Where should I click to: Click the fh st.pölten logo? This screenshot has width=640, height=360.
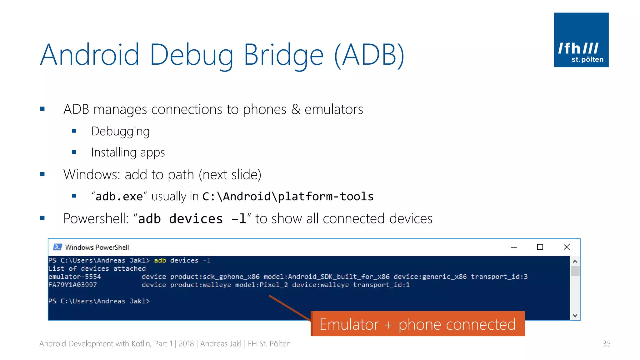tap(581, 40)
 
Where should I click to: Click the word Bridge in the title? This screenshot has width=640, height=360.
tap(283, 55)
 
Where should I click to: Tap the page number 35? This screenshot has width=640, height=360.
tap(606, 344)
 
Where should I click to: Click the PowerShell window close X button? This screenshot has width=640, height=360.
tap(567, 247)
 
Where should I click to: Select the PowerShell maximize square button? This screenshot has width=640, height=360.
tap(540, 247)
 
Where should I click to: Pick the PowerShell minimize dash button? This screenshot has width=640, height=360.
tap(514, 247)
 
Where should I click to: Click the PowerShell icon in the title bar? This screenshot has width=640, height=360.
tap(57, 247)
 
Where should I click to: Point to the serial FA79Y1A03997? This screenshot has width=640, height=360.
tap(72, 285)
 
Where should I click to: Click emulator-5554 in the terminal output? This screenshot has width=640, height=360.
tap(75, 277)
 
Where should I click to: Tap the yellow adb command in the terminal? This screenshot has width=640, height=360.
tap(160, 261)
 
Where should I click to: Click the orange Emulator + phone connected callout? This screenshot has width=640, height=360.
tap(417, 324)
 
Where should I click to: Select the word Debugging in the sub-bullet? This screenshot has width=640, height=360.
tap(120, 132)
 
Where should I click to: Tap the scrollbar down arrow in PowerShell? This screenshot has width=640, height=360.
tap(575, 316)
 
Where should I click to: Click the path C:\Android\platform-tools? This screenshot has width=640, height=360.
tap(288, 197)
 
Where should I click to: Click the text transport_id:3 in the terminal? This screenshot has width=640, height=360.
tap(499, 277)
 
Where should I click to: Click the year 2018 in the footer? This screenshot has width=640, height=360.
tap(186, 344)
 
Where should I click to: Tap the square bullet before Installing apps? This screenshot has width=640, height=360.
tap(74, 152)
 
